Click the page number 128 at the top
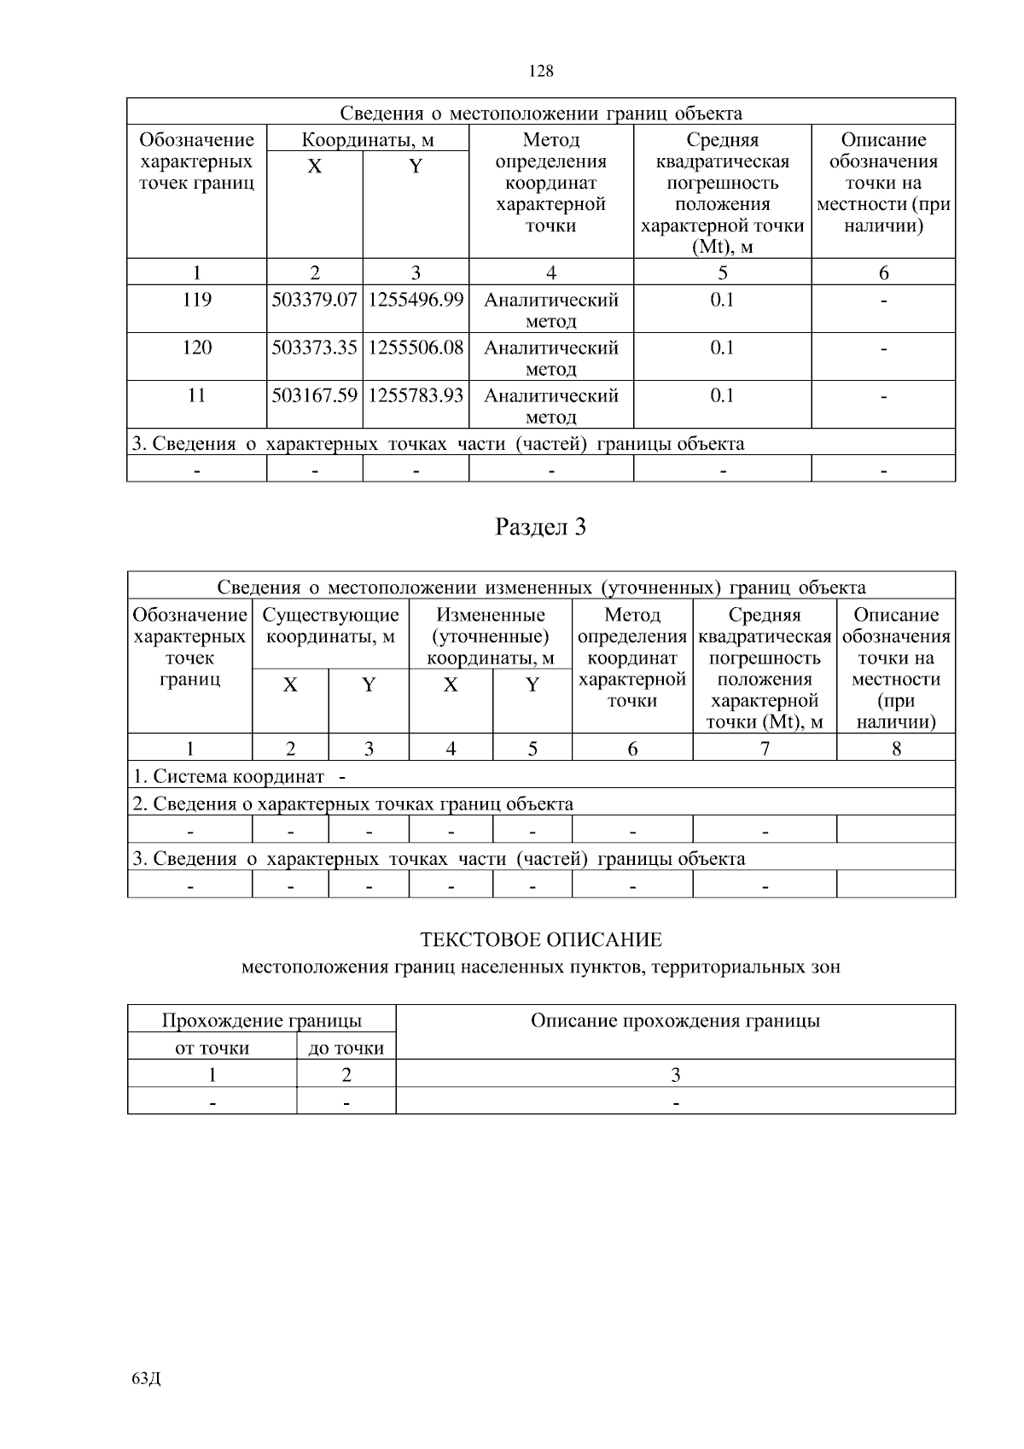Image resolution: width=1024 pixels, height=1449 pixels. coord(541,72)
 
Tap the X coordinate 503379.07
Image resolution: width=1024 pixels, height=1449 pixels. coord(314,301)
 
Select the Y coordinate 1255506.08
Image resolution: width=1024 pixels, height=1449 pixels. coord(416,348)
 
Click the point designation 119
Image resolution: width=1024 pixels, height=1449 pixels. coord(196,301)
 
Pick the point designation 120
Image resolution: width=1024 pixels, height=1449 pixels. coord(196,348)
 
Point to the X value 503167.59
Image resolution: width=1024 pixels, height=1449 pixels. coord(314,396)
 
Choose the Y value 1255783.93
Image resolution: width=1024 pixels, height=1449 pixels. coord(416,396)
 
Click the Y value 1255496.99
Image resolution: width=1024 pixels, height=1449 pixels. coord(416,301)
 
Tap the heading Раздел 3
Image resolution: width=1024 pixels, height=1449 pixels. coord(541,528)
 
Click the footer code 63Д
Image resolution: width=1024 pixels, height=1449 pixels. coord(147,1378)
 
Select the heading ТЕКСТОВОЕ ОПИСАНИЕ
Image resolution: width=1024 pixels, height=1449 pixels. coord(541,941)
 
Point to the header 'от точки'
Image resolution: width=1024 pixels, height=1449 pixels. coord(212,1048)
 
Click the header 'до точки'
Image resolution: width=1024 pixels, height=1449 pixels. coord(346,1048)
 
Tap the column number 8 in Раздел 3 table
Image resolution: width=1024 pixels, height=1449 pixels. coord(896,749)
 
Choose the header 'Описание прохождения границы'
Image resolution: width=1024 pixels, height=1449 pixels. coord(675,1021)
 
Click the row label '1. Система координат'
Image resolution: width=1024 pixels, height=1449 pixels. coord(229,777)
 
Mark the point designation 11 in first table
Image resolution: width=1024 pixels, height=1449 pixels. coord(196,396)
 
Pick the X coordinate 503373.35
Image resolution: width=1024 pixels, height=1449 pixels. coord(314,348)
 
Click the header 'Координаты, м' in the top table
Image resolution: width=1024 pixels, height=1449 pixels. coord(368,140)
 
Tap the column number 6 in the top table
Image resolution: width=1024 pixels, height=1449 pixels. coord(883,273)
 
